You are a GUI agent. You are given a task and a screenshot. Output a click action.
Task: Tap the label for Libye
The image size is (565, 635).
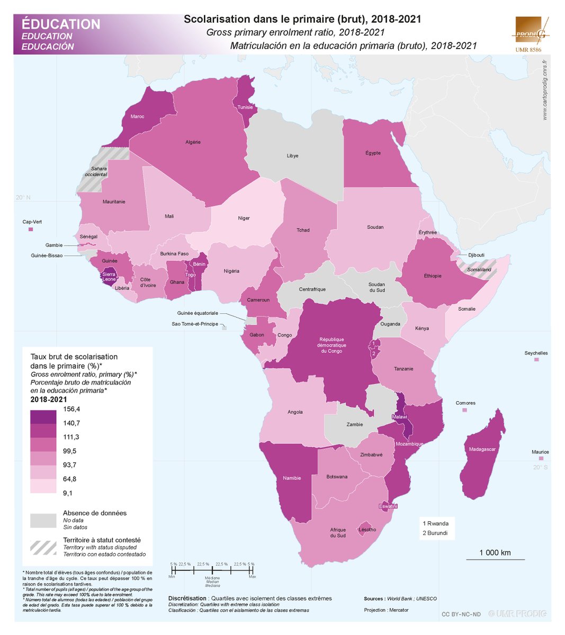(x=292, y=156)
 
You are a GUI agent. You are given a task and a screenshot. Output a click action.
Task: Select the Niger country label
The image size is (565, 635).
(x=244, y=218)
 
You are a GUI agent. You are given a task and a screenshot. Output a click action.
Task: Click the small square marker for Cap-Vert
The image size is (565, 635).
(x=31, y=230)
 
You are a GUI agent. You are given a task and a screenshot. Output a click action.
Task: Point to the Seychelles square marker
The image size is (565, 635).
(x=536, y=360)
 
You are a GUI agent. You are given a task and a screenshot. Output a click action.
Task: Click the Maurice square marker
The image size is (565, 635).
(x=541, y=459)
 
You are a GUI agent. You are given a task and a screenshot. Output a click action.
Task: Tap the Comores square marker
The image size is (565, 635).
(x=465, y=410)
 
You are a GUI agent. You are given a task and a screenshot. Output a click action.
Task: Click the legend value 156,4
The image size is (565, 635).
(x=71, y=409)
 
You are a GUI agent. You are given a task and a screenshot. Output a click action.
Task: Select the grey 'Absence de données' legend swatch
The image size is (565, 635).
(x=43, y=520)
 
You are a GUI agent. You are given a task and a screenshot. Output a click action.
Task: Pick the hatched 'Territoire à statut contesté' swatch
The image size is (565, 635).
(x=43, y=547)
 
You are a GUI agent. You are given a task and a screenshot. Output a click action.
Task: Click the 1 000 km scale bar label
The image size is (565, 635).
(x=495, y=552)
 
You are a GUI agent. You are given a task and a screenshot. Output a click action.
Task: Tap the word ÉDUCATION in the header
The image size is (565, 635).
(x=61, y=24)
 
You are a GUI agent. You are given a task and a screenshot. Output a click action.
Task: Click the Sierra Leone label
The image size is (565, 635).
(x=109, y=277)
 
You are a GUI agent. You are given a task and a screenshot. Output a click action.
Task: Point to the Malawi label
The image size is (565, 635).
(x=399, y=417)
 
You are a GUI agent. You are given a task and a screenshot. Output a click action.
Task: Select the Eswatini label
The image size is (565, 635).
(x=388, y=506)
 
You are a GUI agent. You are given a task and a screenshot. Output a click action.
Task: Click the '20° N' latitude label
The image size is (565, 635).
(x=23, y=197)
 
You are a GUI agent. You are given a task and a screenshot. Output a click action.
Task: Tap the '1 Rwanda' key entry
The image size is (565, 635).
(x=435, y=523)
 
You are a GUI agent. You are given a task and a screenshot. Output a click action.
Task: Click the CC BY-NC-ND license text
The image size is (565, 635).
(x=461, y=614)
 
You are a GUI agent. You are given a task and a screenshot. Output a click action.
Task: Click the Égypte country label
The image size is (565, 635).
(x=373, y=153)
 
